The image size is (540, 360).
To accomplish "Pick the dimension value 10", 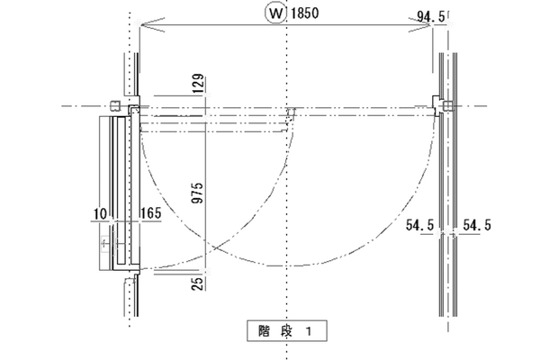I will pyautogui.click(x=99, y=215).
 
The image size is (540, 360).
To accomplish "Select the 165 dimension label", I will pyautogui.click(x=150, y=215).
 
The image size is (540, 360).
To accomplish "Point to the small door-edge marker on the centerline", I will pyautogui.click(x=291, y=112).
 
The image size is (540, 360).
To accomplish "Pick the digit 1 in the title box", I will pyautogui.click(x=306, y=331).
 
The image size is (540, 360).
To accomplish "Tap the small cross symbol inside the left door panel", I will pyautogui.click(x=105, y=243).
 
